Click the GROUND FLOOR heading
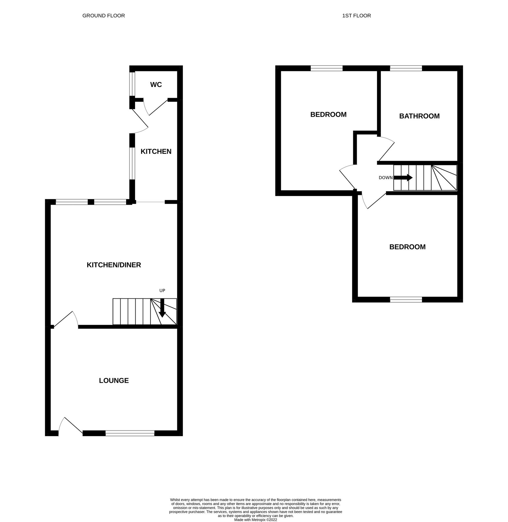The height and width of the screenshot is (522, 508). tap(103, 16)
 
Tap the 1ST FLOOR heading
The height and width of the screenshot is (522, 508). tap(356, 16)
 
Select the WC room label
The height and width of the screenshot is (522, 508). tap(156, 85)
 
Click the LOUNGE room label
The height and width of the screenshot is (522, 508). tap(114, 380)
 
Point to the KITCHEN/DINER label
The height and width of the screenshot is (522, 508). tap(114, 265)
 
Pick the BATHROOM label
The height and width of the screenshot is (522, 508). tap(419, 116)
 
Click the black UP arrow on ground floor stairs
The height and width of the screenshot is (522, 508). tap(162, 308)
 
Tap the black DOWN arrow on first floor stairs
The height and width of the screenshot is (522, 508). tap(403, 177)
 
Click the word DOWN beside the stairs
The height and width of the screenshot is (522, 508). tap(385, 178)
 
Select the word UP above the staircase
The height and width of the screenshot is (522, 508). tap(162, 291)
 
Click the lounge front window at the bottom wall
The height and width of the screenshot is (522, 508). tap(130, 434)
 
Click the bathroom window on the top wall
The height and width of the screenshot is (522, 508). tap(406, 68)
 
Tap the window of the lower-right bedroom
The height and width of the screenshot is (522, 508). tap(406, 300)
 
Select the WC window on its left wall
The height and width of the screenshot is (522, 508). tap(132, 84)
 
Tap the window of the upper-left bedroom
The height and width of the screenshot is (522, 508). tap(326, 68)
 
